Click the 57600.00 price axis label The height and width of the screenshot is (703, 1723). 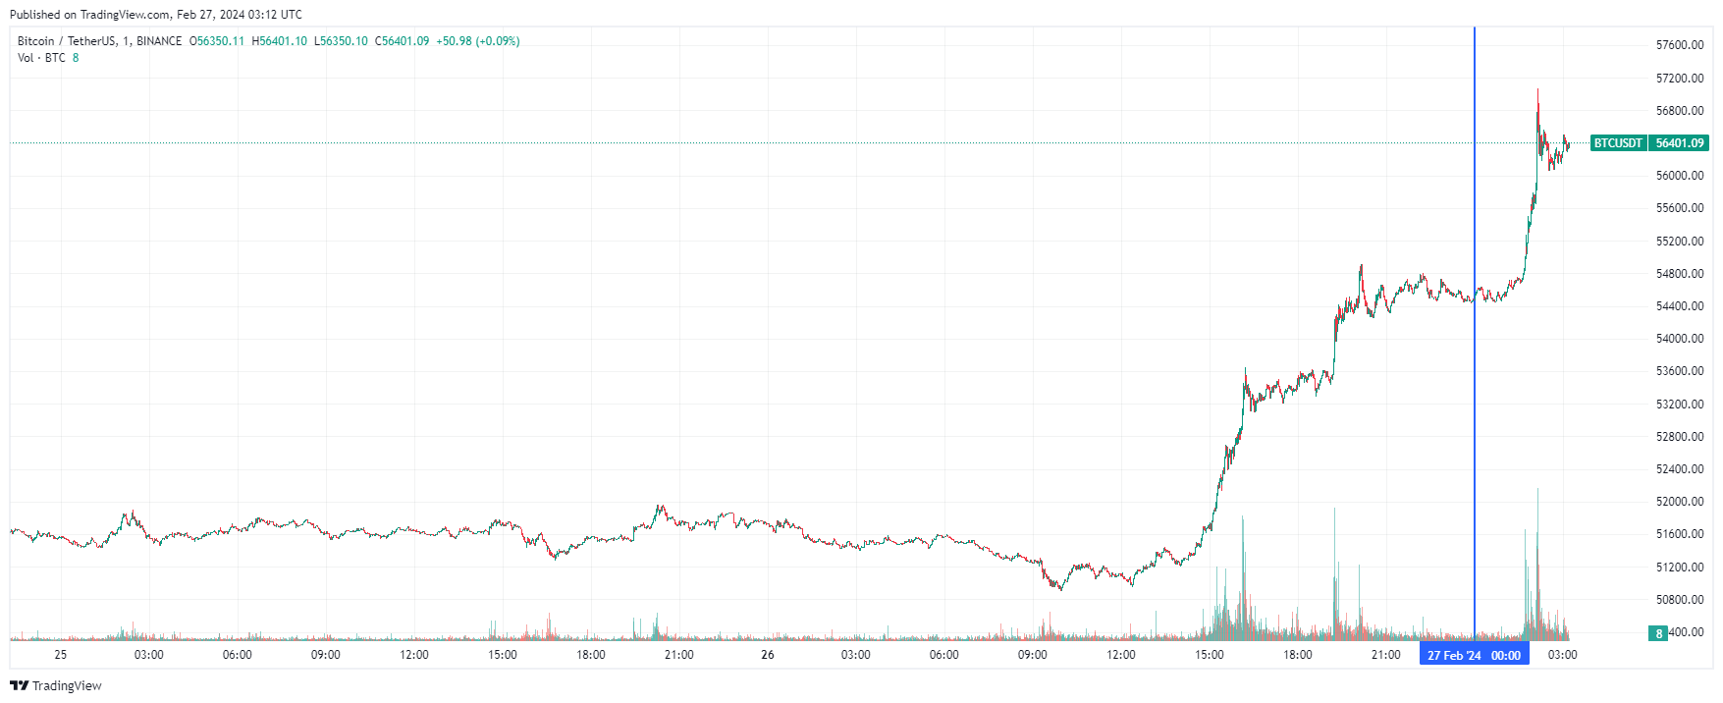pos(1679,45)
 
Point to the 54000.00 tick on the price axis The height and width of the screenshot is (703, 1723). pos(1679,339)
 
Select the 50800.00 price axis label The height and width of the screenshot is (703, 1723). pos(1679,600)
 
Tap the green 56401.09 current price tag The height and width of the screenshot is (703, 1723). pos(1679,143)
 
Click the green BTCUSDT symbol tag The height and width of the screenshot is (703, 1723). pos(1617,143)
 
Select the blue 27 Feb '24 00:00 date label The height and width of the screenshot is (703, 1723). pos(1474,655)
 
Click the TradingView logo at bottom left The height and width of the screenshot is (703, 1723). pos(56,685)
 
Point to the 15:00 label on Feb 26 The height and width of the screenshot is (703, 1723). pos(1209,655)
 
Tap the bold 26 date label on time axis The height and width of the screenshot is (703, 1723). pos(767,655)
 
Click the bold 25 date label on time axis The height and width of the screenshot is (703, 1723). pos(61,655)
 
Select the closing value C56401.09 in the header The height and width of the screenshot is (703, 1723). pos(402,41)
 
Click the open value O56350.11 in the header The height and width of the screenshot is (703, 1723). pos(217,41)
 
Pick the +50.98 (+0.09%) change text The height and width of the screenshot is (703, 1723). pos(478,41)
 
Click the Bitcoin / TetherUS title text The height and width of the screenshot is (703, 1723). pos(67,41)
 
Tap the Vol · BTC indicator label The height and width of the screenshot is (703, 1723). pos(41,58)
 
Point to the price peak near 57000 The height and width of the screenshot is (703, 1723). pos(1537,90)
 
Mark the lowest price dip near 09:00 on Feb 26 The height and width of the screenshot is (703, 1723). pos(1060,589)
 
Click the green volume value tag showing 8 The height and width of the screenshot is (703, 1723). pos(1658,633)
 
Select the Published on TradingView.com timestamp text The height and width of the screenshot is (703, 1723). pos(156,15)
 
